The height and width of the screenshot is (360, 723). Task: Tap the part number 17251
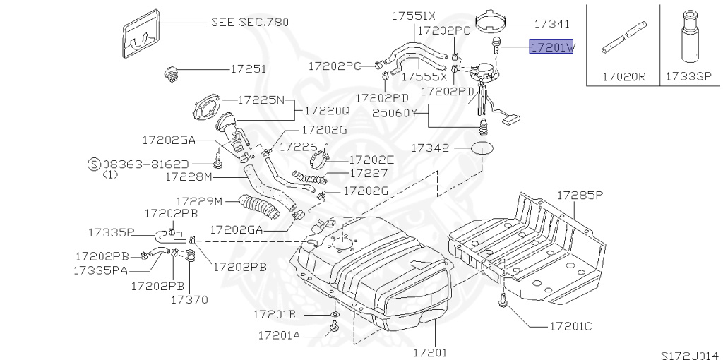tap(248, 70)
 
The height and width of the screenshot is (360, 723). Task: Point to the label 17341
tap(552, 23)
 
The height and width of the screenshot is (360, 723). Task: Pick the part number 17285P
tap(580, 193)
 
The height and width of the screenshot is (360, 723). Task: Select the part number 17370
tap(189, 299)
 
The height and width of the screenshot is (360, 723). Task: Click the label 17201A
tap(279, 335)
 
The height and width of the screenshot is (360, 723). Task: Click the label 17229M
tap(199, 202)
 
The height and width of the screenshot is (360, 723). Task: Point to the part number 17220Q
tap(327, 111)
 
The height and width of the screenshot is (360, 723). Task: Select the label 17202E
tap(371, 160)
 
